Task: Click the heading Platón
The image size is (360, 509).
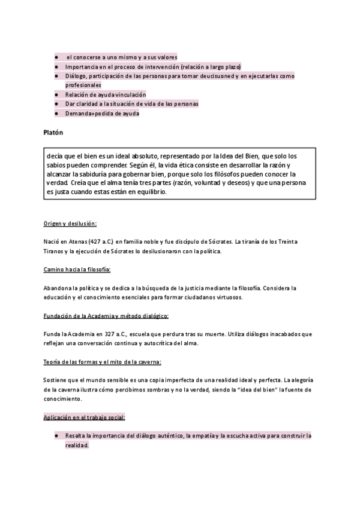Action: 53,131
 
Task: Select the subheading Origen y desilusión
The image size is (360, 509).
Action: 70,223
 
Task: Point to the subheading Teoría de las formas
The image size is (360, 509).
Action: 102,361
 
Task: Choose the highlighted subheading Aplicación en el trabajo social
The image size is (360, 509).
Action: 85,417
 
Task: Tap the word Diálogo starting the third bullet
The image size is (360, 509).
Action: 76,77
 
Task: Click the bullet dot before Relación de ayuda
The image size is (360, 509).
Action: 56,95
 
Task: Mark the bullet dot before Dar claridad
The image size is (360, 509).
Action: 56,104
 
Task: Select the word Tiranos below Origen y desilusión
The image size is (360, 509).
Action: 55,251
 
